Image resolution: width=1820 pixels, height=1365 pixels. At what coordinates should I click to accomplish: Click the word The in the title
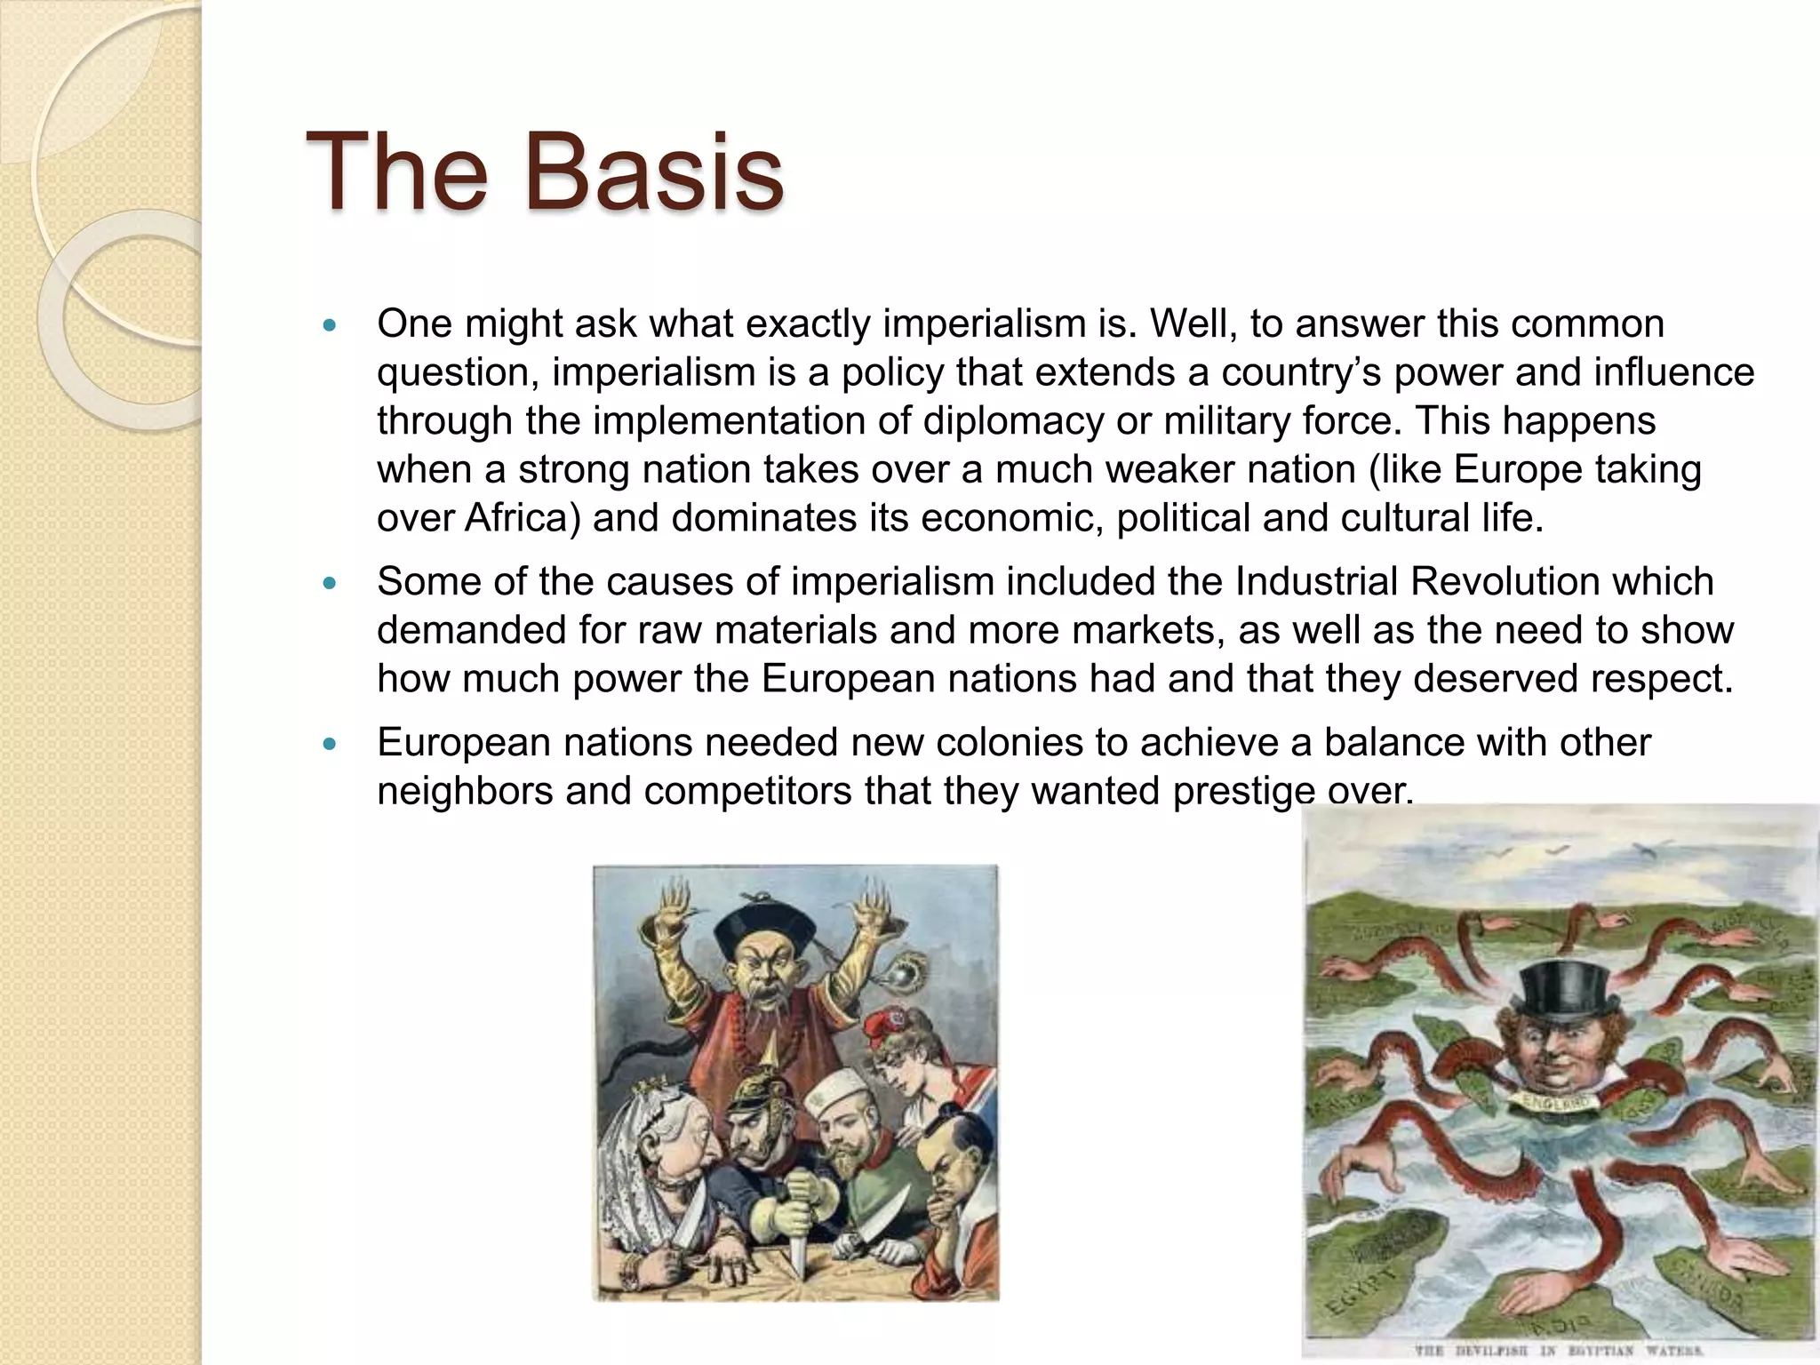click(397, 172)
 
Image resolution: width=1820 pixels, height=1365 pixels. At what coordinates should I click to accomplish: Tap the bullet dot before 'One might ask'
click(331, 326)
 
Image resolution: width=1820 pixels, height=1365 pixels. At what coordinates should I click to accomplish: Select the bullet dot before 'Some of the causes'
click(331, 584)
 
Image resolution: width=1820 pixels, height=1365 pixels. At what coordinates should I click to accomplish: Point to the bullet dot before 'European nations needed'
click(331, 745)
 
